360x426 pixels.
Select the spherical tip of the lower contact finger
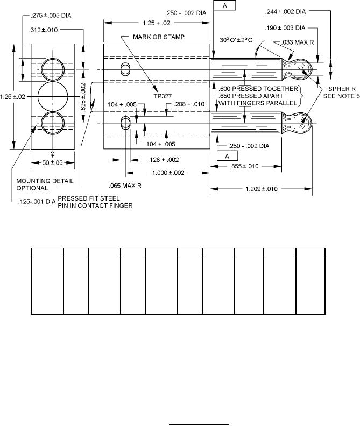(307, 123)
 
